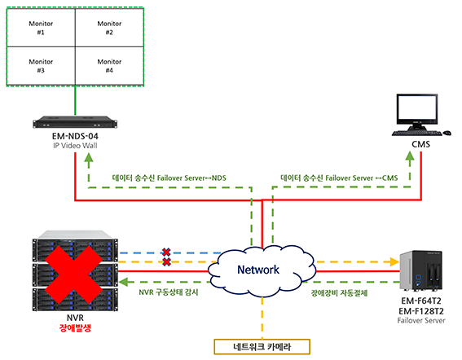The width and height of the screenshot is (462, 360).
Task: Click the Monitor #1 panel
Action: click(x=41, y=28)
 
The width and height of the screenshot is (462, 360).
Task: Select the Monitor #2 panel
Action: click(x=109, y=28)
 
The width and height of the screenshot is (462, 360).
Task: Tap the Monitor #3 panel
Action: click(x=41, y=66)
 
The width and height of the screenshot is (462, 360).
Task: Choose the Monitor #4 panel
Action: click(x=109, y=66)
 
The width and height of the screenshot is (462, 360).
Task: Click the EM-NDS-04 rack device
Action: click(x=75, y=122)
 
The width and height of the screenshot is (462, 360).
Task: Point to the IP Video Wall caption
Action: click(x=75, y=146)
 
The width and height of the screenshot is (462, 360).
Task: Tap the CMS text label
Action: click(x=420, y=144)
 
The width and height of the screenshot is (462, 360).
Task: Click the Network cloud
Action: click(x=262, y=270)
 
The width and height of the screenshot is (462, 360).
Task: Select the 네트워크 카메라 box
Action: click(x=262, y=347)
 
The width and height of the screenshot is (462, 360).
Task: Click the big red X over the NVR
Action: click(x=73, y=274)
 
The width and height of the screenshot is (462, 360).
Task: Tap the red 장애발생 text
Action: click(x=75, y=328)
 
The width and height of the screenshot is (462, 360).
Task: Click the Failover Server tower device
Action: click(x=421, y=270)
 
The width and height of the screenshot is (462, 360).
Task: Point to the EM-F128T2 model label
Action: click(x=421, y=311)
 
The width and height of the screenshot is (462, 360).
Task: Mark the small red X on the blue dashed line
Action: click(x=166, y=252)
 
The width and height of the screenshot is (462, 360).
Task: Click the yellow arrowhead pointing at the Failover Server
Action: click(x=394, y=261)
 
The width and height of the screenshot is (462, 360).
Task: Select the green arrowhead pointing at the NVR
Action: click(x=123, y=282)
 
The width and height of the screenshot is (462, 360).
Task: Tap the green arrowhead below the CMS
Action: click(x=410, y=156)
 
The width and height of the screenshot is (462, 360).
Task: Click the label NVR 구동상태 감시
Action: click(x=169, y=292)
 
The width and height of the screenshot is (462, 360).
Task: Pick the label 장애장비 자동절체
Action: click(x=340, y=293)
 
